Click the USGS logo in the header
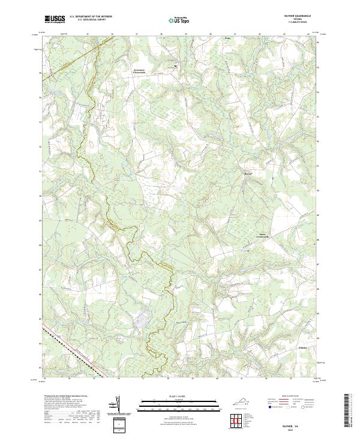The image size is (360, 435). tap(55, 19)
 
